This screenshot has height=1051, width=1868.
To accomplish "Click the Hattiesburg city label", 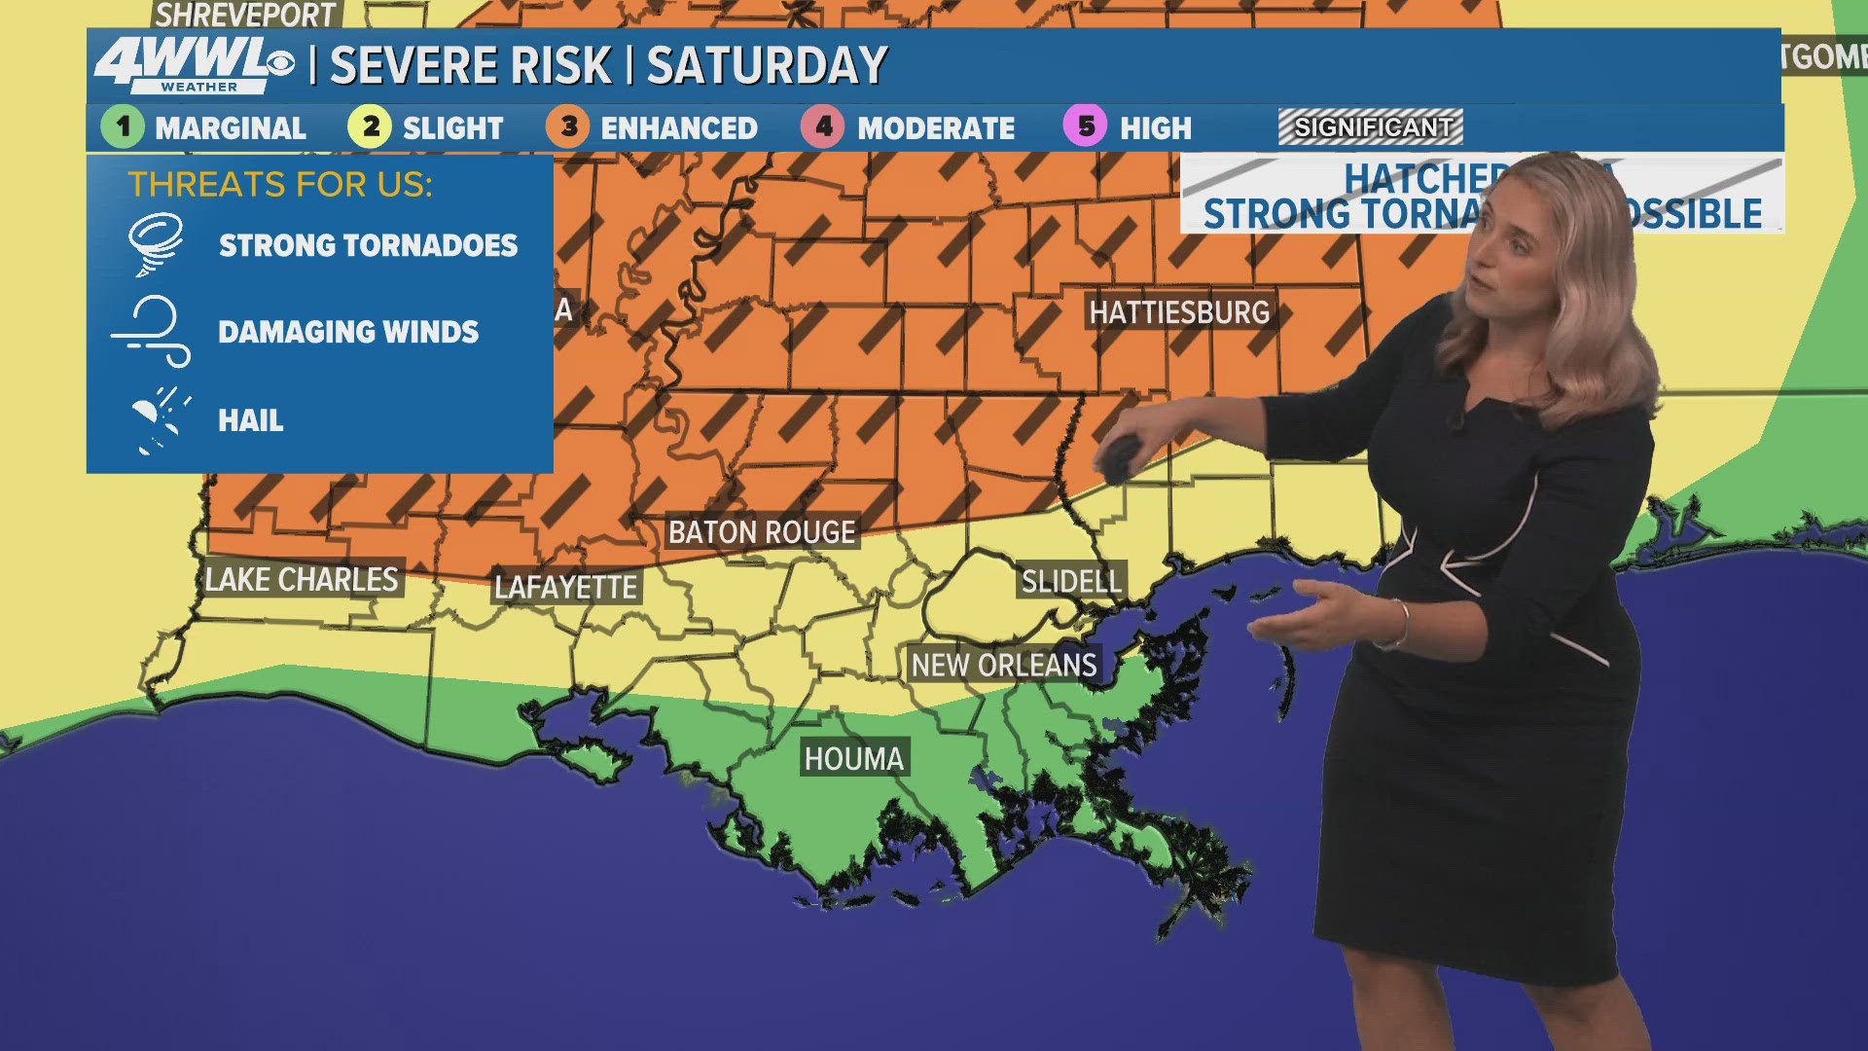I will point(1179,312).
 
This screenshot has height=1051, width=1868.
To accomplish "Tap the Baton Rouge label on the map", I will point(762,532).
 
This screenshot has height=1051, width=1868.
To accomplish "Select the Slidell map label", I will point(1071,582).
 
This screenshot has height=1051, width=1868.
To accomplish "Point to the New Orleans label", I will point(1004,666).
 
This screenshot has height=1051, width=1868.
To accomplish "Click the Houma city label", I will point(853,759).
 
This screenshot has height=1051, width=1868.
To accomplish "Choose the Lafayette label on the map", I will point(565,588).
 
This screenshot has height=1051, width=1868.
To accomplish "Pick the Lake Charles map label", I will point(302,580).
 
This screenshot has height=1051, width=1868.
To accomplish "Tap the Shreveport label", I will point(245,15).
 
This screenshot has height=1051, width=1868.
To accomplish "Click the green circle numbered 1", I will point(123,127).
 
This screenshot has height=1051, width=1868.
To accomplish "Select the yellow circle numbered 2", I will point(370,127).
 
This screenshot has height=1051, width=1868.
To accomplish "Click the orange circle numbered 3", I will point(568,127).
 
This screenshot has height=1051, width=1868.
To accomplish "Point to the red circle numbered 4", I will point(823,127).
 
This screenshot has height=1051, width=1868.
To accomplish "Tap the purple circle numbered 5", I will point(1086,127).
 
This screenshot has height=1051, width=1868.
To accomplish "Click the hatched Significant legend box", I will point(1370,127).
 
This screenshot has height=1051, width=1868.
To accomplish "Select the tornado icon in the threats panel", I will point(156,243).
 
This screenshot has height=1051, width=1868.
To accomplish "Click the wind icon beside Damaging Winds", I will point(154,332).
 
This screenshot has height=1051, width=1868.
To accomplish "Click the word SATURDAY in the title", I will point(767,66).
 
